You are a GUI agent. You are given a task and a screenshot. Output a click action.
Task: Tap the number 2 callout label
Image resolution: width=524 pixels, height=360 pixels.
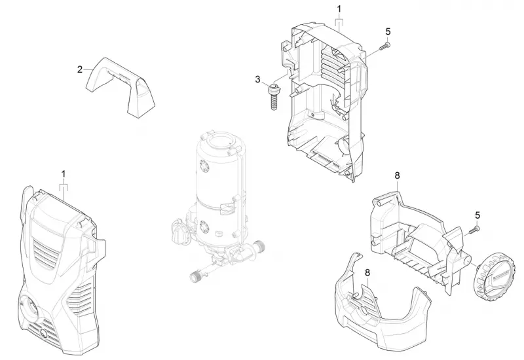[x=79, y=69]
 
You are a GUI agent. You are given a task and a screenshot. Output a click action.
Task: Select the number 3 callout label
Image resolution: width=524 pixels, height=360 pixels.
[x=257, y=79]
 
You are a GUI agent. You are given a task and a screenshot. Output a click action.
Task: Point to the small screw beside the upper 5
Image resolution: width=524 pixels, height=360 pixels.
[x=385, y=46]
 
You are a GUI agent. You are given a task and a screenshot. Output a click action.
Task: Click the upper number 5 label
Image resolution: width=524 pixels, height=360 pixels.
[x=388, y=31]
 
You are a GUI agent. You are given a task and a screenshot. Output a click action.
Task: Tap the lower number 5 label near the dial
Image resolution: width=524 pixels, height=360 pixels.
[x=477, y=215]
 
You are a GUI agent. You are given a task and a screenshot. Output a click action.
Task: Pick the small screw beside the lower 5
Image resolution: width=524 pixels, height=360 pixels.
[x=474, y=230]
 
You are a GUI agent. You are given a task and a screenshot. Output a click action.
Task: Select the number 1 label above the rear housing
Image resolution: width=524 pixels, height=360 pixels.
[x=339, y=9]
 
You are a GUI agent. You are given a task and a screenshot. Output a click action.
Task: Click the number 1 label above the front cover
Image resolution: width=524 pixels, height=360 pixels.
[x=64, y=174]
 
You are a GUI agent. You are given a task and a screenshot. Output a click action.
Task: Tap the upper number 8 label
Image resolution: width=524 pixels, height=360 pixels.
[x=397, y=175]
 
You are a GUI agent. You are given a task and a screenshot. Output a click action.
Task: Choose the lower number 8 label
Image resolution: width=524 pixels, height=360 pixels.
[x=367, y=272]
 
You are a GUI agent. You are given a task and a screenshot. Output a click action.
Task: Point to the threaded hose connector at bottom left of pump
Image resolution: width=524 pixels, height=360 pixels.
[x=196, y=276]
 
